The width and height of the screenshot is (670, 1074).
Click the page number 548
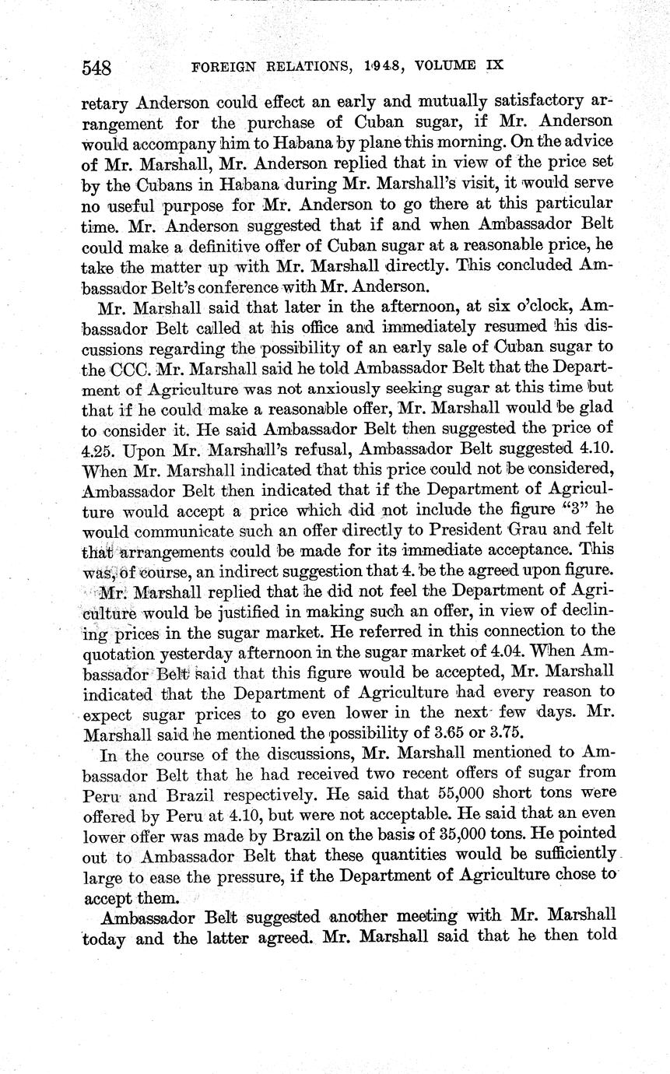(x=98, y=67)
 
